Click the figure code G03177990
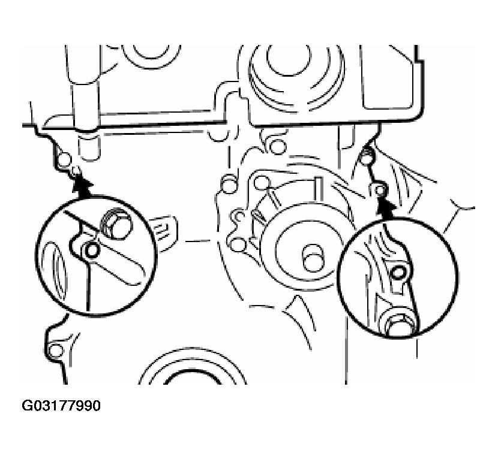pyautogui.click(x=61, y=406)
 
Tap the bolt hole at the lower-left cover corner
pyautogui.click(x=56, y=350)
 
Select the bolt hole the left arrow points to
pyautogui.click(x=76, y=171)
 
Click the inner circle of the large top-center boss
pyautogui.click(x=289, y=59)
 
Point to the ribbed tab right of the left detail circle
pyautogui.click(x=165, y=234)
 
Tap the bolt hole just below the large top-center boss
pyautogui.click(x=278, y=146)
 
